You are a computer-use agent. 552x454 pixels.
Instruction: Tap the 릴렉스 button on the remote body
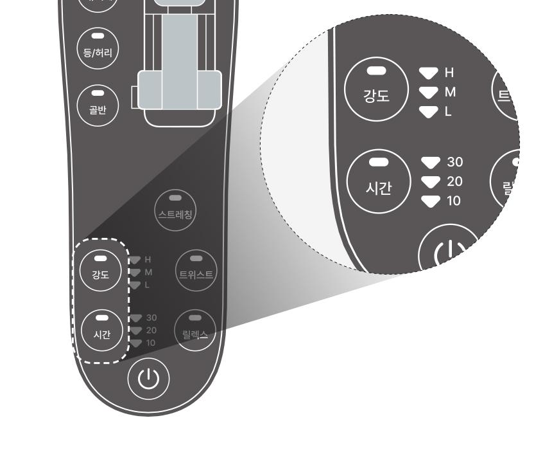pyautogui.click(x=196, y=330)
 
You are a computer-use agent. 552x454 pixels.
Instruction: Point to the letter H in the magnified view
pyautogui.click(x=449, y=73)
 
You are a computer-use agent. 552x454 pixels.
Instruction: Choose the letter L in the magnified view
pyautogui.click(x=448, y=111)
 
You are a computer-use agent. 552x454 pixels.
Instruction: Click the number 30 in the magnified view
pyautogui.click(x=454, y=161)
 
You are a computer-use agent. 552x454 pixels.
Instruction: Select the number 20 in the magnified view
pyautogui.click(x=454, y=181)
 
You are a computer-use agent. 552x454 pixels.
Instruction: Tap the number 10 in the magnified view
pyautogui.click(x=454, y=201)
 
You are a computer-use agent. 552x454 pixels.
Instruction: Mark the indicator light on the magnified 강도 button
pyautogui.click(x=377, y=69)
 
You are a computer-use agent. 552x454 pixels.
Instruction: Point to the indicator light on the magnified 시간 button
pyautogui.click(x=378, y=161)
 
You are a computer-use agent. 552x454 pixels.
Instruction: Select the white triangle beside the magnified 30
pyautogui.click(x=431, y=161)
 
